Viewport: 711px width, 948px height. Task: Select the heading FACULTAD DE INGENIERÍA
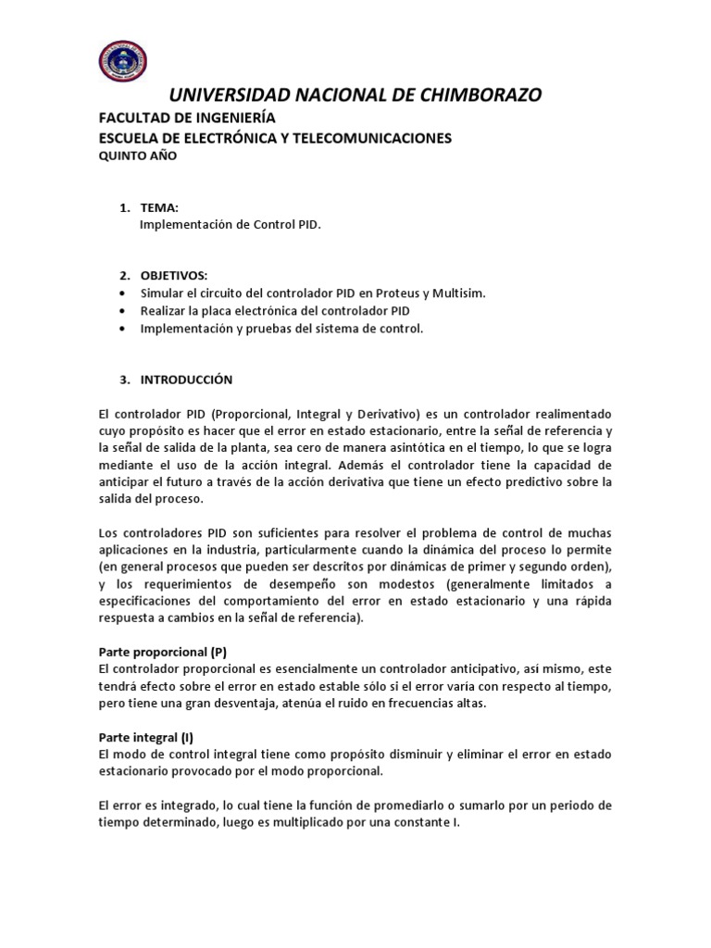(x=187, y=118)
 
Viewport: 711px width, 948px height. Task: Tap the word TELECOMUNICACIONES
(x=379, y=138)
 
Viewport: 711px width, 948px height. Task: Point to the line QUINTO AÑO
(x=137, y=156)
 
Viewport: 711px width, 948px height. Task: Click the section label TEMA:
(x=158, y=207)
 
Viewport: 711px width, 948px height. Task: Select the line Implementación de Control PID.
(x=230, y=224)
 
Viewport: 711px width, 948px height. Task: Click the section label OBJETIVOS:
(x=174, y=276)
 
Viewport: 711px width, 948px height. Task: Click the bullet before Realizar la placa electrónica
(x=124, y=311)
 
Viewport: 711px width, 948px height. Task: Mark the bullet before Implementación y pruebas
(x=124, y=329)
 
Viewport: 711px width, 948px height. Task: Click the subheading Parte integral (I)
(x=146, y=737)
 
